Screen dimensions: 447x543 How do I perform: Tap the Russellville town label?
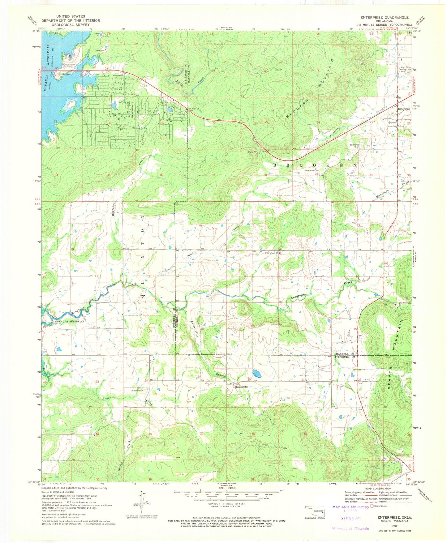coord(241,387)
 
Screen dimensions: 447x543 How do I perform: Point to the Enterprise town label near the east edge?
coord(404,109)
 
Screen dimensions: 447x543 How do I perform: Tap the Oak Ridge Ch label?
coord(193,108)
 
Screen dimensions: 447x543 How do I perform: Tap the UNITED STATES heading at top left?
coord(71,16)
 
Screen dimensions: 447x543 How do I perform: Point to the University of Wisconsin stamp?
coord(350,528)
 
